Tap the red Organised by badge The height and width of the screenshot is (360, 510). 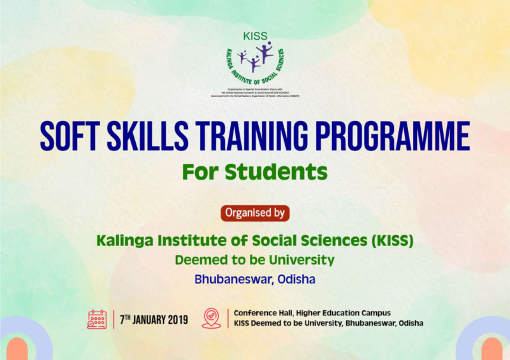pyautogui.click(x=255, y=213)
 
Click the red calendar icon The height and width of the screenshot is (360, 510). pyautogui.click(x=97, y=319)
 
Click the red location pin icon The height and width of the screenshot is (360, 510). pyautogui.click(x=211, y=319)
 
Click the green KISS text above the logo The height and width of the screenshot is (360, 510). pyautogui.click(x=255, y=36)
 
